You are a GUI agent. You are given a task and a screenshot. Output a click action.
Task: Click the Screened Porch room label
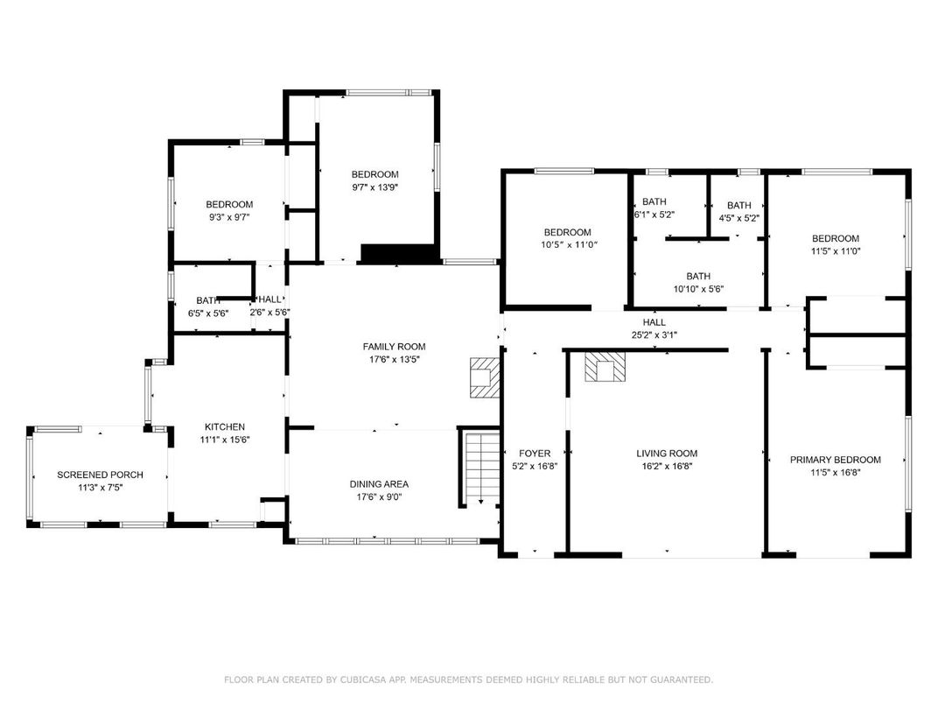[100, 475]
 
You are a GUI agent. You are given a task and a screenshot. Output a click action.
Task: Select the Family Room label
[394, 347]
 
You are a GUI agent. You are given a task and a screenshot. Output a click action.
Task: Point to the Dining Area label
[379, 484]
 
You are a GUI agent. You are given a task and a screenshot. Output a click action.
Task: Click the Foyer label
[535, 454]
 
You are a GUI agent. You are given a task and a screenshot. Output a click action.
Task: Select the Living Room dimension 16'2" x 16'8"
[667, 466]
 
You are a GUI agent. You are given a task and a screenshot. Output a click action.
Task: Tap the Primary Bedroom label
[835, 460]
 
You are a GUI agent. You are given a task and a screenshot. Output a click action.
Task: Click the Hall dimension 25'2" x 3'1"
[654, 334]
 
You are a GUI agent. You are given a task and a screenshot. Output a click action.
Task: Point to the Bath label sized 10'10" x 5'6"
[698, 276]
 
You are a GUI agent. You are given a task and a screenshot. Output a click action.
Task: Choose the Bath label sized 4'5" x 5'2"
[738, 206]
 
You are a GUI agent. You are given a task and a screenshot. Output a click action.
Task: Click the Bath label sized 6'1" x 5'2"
[654, 201]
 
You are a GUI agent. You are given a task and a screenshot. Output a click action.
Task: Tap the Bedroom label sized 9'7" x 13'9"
[374, 174]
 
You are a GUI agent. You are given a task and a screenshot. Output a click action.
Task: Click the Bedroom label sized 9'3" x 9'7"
[229, 205]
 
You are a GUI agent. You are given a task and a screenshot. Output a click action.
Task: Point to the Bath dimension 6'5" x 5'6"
[208, 313]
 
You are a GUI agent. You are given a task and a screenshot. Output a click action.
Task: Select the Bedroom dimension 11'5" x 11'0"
[835, 250]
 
